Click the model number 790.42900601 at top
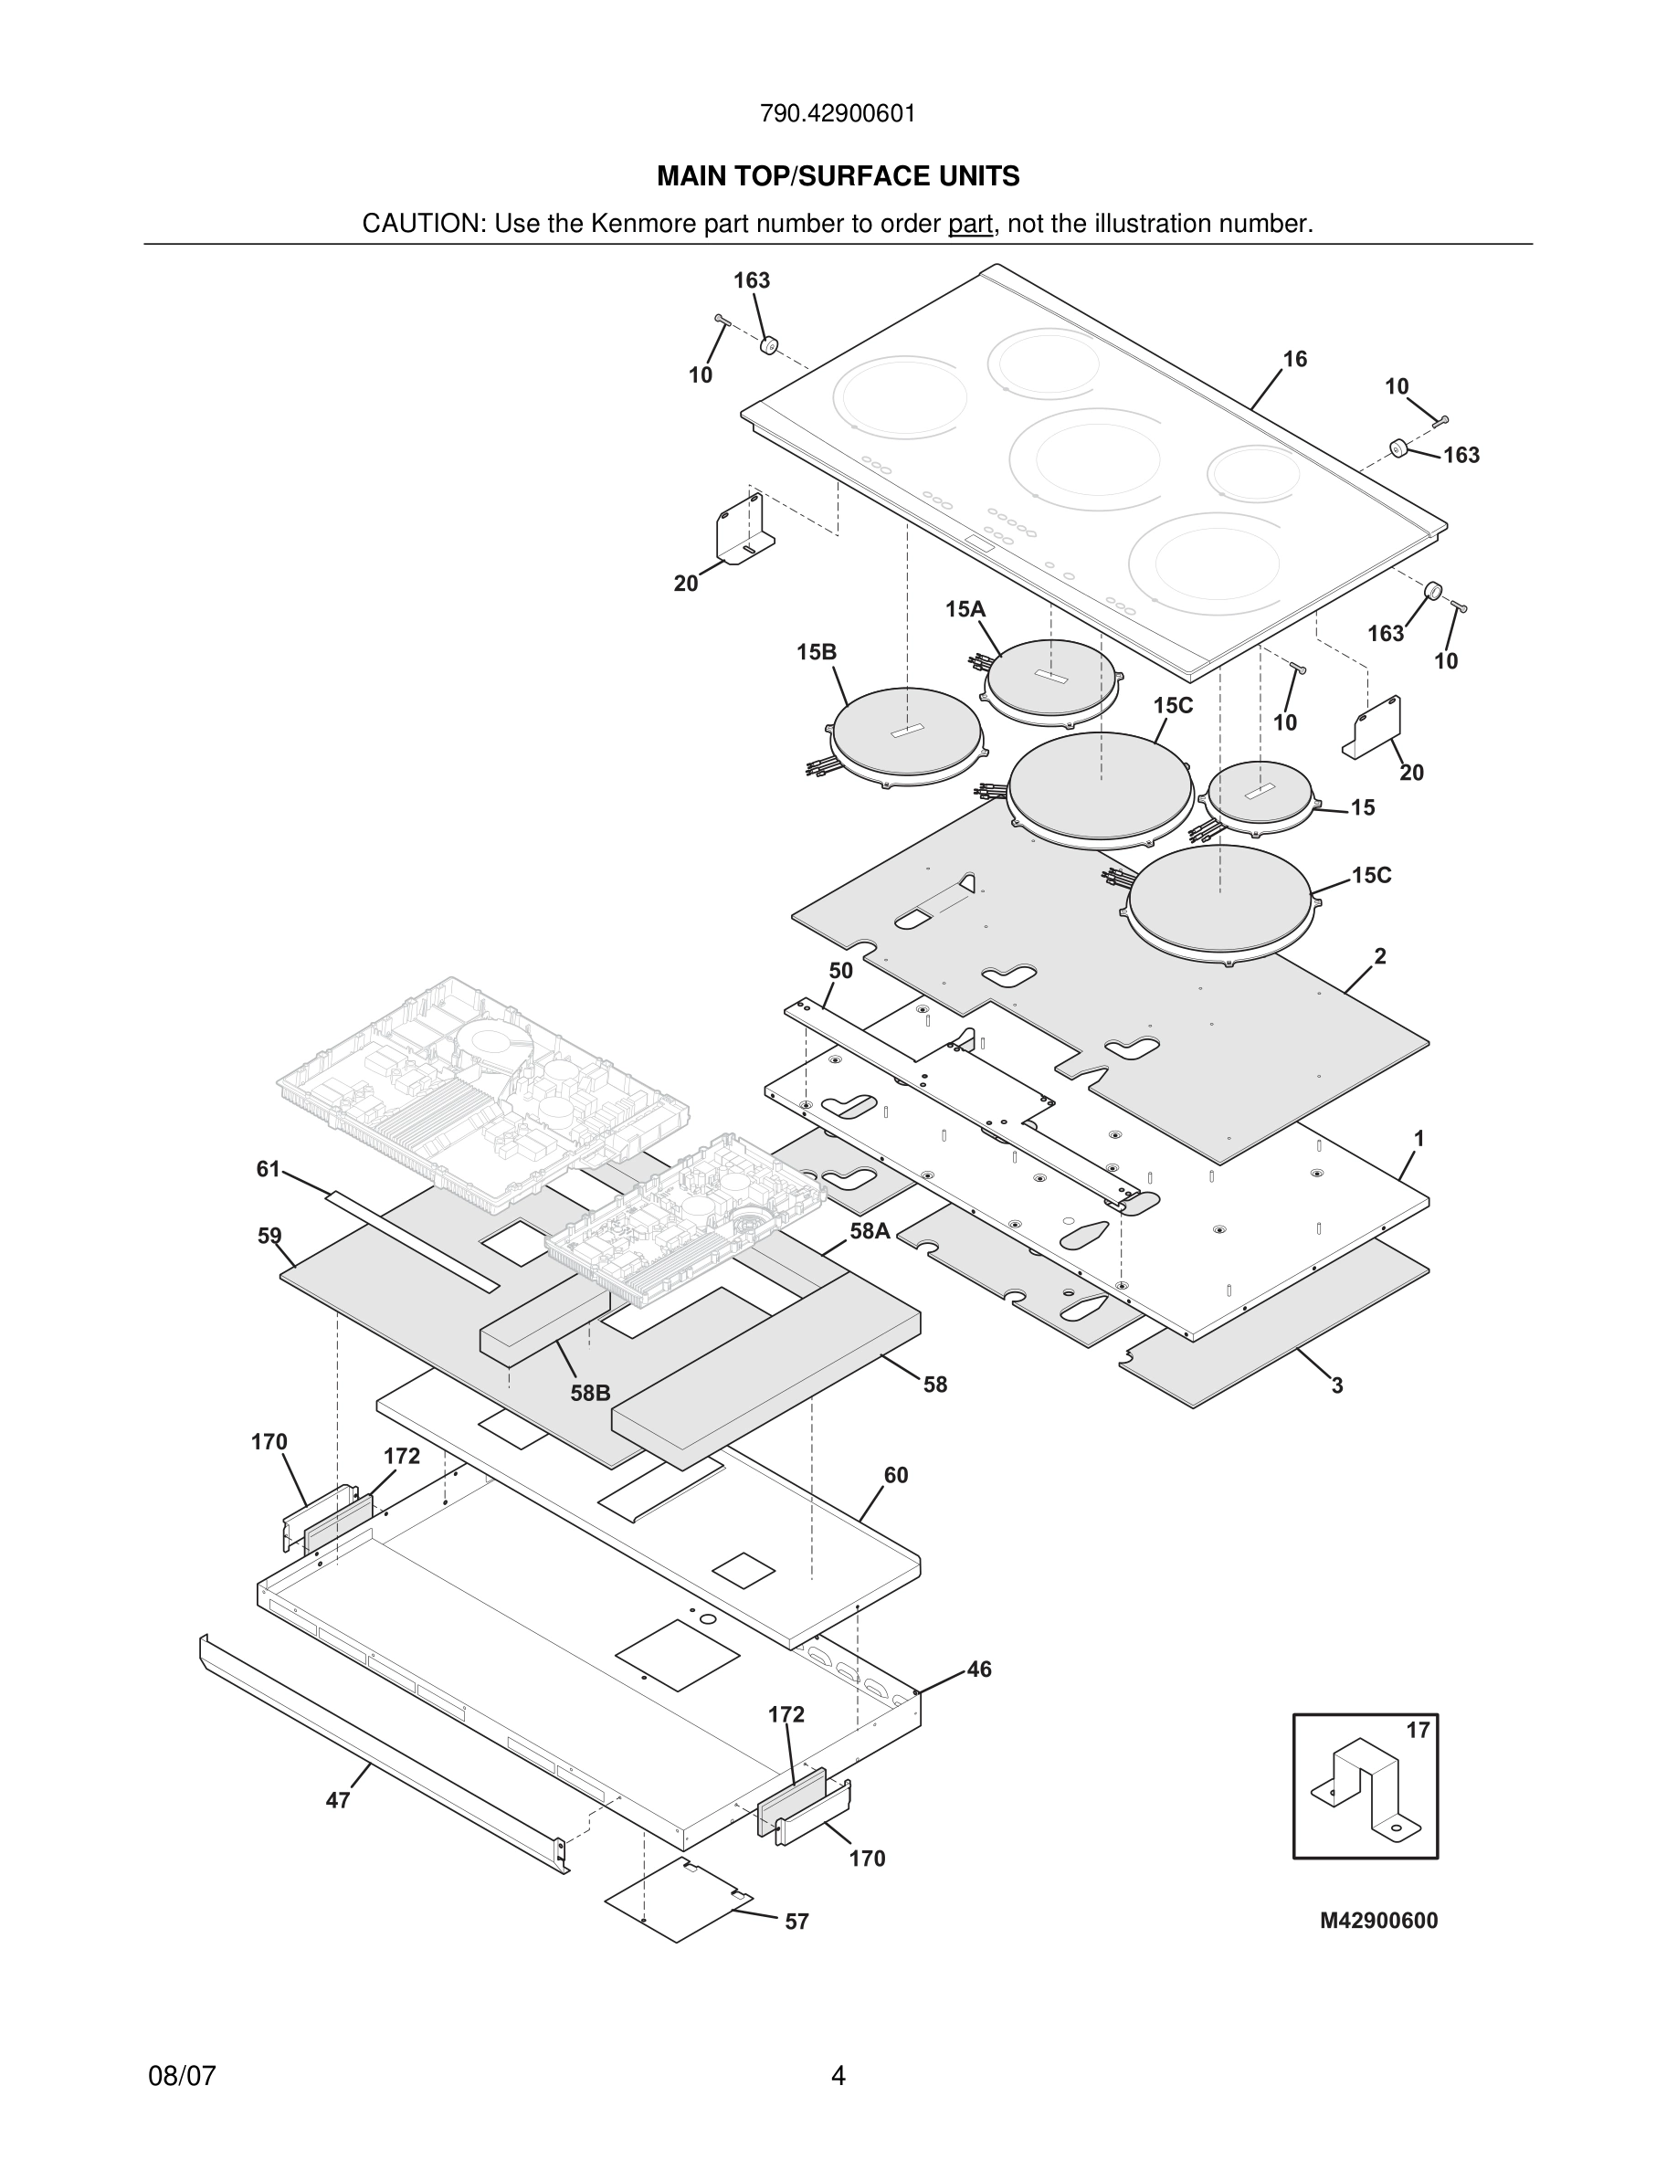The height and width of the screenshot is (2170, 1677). [x=838, y=114]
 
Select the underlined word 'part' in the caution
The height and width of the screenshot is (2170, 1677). [x=970, y=225]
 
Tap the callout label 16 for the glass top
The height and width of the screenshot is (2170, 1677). [x=1294, y=360]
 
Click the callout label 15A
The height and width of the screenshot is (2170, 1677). [x=965, y=609]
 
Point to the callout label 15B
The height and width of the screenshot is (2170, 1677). [x=816, y=652]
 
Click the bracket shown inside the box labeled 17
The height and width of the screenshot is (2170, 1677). [x=1363, y=1789]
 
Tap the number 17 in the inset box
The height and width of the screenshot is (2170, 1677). [x=1417, y=1730]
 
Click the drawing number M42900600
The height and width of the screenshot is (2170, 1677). [x=1378, y=1921]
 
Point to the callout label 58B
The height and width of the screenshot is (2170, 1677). [x=590, y=1393]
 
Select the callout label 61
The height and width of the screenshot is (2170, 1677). [x=269, y=1169]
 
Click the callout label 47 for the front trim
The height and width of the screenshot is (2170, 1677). [x=338, y=1800]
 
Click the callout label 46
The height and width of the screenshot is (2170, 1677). [x=978, y=1670]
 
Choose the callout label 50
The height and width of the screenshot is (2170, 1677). [x=840, y=971]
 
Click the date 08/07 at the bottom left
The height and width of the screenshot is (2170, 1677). [x=182, y=2077]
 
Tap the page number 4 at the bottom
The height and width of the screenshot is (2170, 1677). [x=838, y=2077]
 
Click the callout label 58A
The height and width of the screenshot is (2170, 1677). [x=870, y=1231]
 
